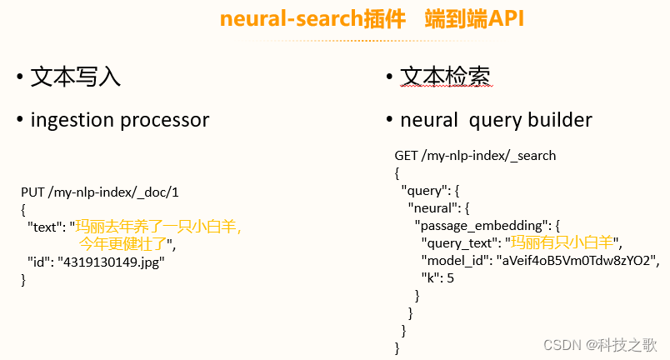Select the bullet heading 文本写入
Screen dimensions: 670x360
point(76,77)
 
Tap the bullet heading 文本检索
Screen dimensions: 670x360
point(445,77)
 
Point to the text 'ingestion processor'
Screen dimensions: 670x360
point(120,120)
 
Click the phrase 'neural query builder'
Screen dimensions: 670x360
point(497,120)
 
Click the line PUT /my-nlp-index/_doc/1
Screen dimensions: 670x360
point(100,192)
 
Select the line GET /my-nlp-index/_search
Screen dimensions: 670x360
point(475,156)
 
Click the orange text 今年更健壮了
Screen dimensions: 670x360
point(123,244)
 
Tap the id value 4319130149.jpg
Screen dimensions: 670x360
point(111,262)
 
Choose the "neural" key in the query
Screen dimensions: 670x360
point(432,207)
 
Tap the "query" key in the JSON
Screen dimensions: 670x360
point(425,190)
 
